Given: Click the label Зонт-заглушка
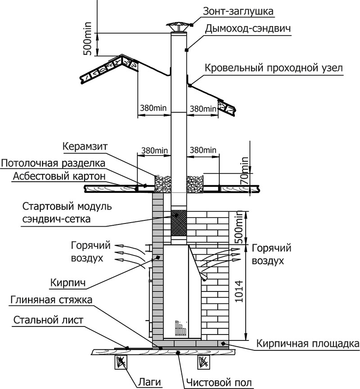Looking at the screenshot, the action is click(x=238, y=11).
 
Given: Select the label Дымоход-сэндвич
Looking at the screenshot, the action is click(x=247, y=29).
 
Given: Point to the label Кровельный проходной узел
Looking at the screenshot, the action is click(x=274, y=68).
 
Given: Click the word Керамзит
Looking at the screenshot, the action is click(x=85, y=146).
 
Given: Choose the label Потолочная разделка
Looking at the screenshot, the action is click(x=53, y=163).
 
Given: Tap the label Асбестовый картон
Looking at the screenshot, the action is click(x=59, y=176).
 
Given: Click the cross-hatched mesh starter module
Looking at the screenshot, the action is click(x=179, y=223).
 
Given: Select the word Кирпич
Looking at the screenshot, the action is click(x=68, y=283).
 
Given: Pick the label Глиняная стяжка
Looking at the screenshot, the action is click(x=51, y=300).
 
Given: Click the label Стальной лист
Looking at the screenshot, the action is click(x=48, y=320).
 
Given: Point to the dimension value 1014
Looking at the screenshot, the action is click(x=238, y=291).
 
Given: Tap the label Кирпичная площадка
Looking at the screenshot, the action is click(x=308, y=344).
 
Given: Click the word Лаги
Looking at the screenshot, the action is click(x=149, y=382).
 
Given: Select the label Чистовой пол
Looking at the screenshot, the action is click(x=219, y=383).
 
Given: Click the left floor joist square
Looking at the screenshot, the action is click(x=121, y=362).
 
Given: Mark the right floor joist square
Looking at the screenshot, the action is click(x=204, y=362).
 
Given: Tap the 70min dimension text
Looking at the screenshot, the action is click(x=244, y=170).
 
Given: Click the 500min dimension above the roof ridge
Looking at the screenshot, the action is click(x=87, y=39).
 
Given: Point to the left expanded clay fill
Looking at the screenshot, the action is click(x=163, y=184).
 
